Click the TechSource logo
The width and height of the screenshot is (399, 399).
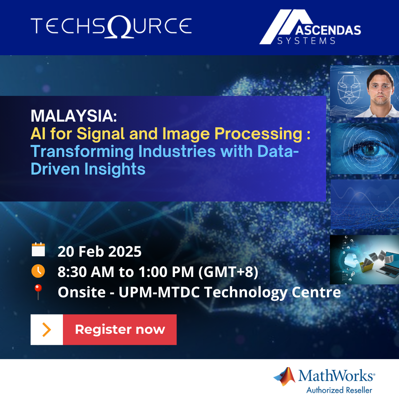tap(111, 26)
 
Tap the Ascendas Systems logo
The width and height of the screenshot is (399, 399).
tap(310, 27)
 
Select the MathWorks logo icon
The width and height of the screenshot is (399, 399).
tap(285, 376)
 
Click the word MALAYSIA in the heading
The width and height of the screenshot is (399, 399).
tap(74, 116)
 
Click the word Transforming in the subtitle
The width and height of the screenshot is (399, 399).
tap(82, 152)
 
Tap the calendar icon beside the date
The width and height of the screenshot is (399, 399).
tap(38, 249)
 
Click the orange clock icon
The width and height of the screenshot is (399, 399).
tap(38, 271)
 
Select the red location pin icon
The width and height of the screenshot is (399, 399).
tap(38, 291)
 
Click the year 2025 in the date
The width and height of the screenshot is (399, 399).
tap(125, 252)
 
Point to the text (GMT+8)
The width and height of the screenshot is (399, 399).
tap(228, 272)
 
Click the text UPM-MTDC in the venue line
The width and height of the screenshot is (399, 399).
tap(159, 292)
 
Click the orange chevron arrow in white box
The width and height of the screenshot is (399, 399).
tap(46, 330)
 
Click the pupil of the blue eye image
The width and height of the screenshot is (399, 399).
tap(371, 148)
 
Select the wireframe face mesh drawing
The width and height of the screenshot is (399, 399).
tap(349, 89)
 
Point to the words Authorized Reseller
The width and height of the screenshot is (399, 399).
tap(339, 390)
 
